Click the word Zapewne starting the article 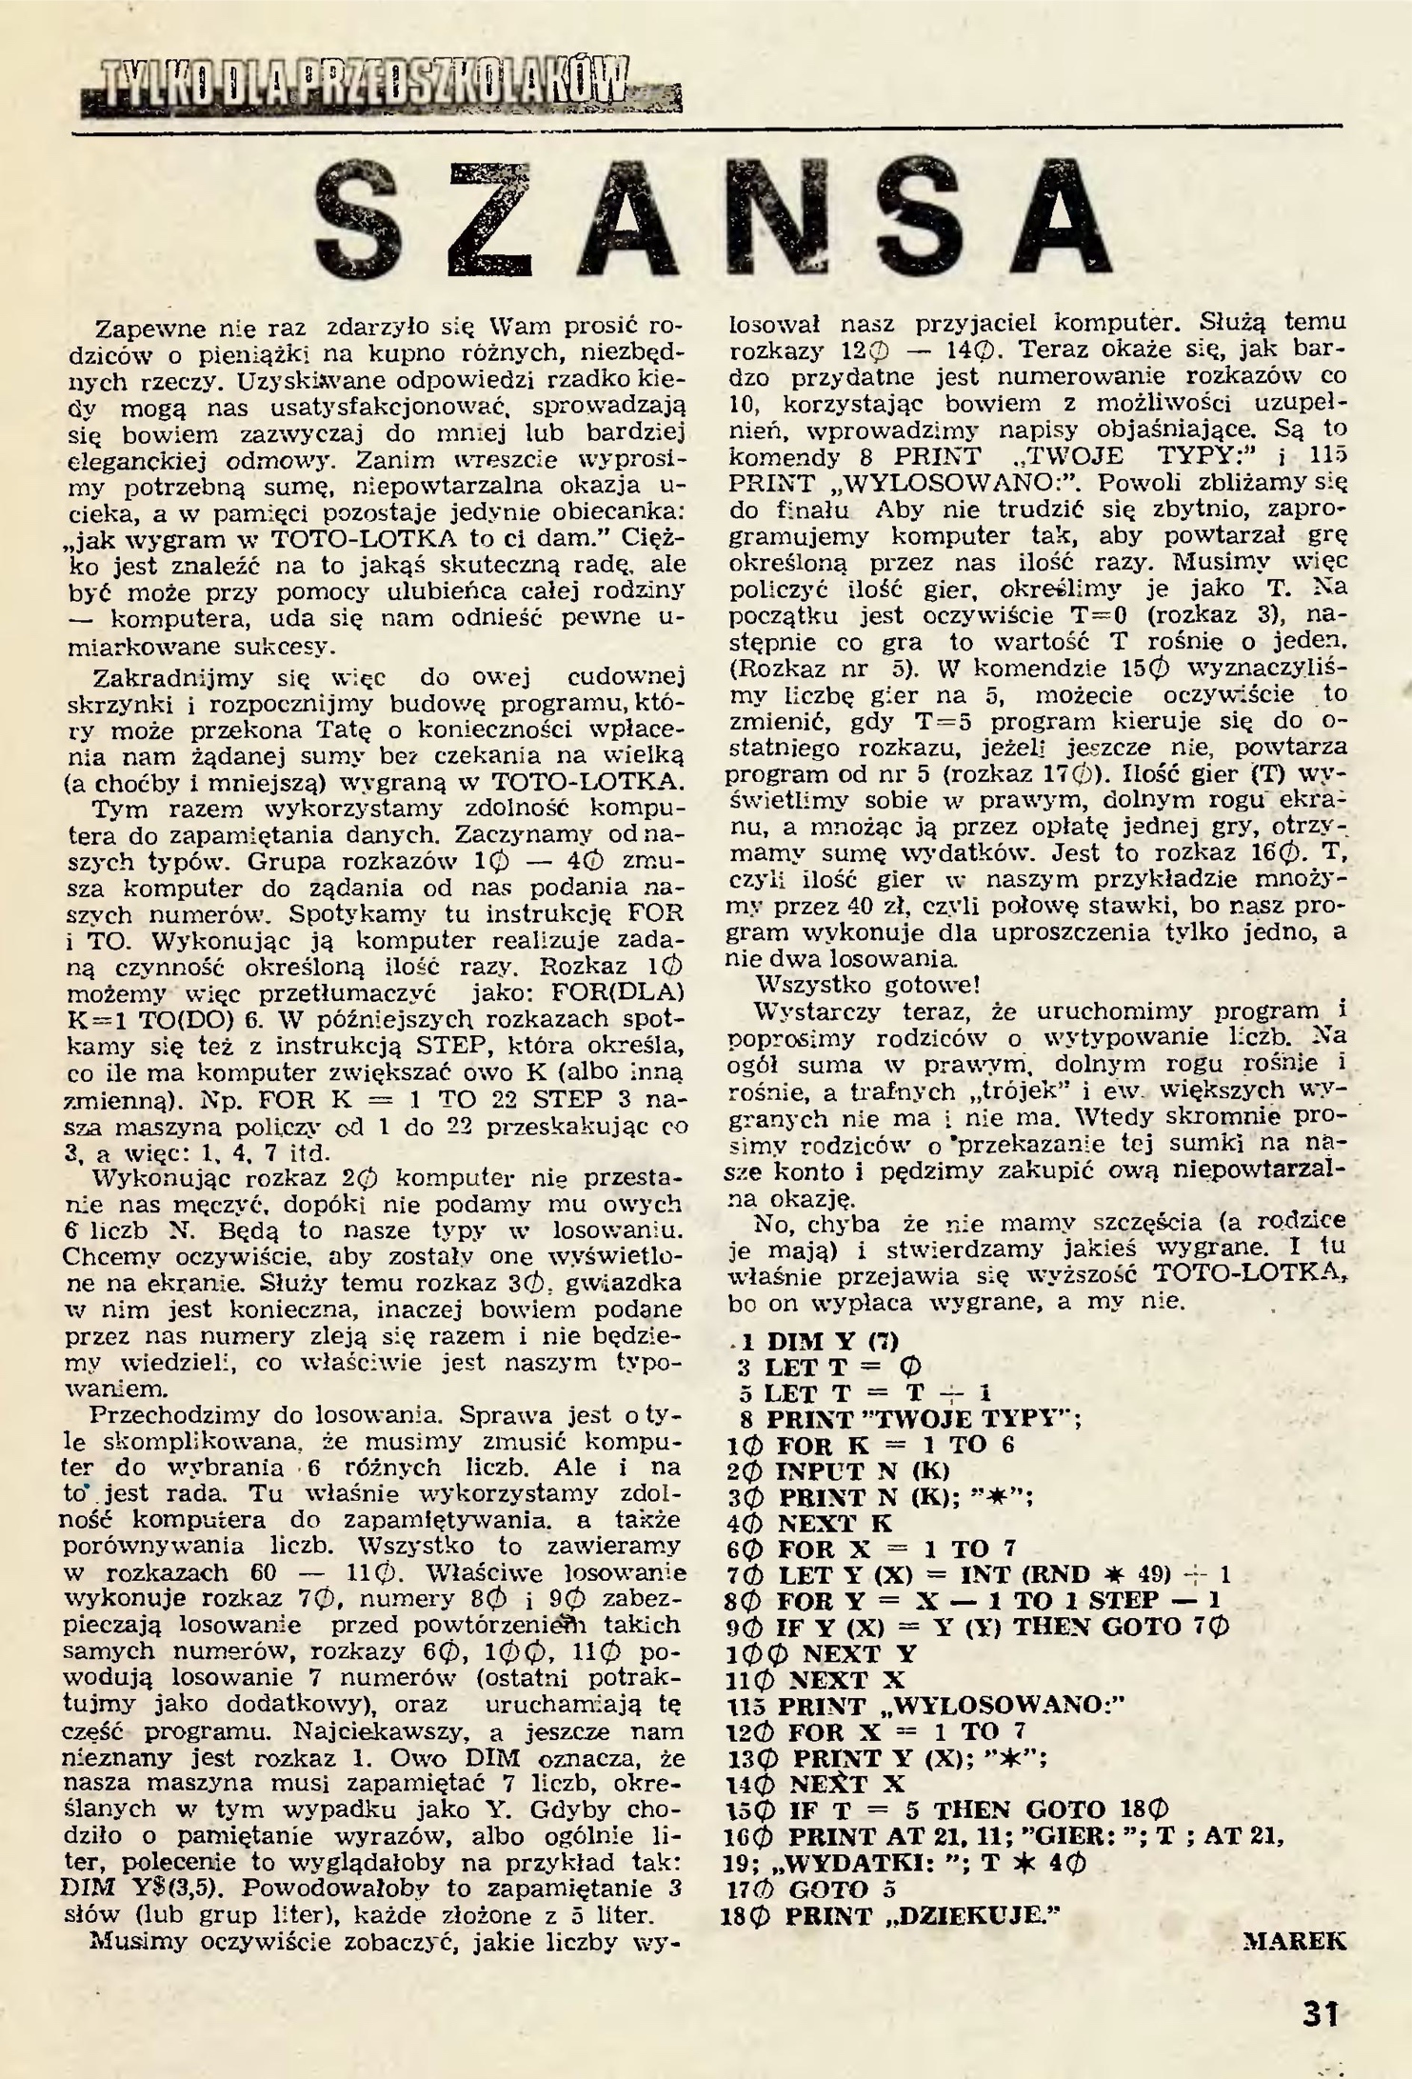click(145, 330)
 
